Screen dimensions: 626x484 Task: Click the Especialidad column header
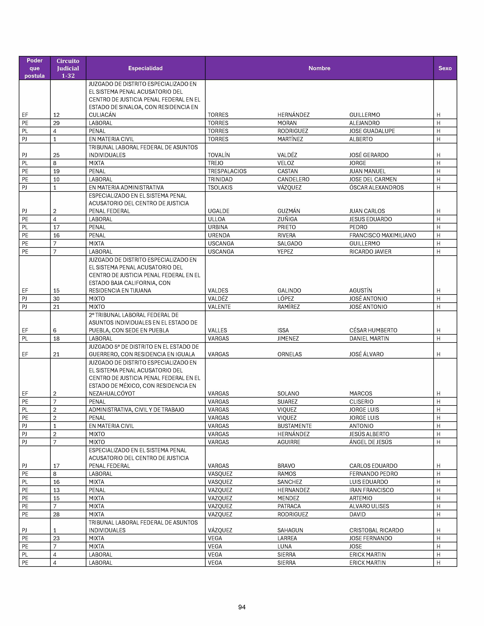145,68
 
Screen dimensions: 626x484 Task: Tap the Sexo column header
445,68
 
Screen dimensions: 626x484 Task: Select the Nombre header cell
319,68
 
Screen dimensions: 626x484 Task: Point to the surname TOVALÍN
219,155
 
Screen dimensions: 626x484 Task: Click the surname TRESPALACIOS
227,171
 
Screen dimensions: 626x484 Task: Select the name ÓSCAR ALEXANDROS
376,187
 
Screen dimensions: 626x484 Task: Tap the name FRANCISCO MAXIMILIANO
382,235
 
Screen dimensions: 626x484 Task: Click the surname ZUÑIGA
287,219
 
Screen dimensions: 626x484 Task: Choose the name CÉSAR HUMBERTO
373,330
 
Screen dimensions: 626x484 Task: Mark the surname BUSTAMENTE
294,426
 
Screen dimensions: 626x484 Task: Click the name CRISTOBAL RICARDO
376,530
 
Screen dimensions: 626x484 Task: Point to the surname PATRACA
289,506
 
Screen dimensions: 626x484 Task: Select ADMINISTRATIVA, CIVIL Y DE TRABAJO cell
136,410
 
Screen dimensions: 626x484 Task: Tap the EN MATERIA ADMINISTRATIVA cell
126,187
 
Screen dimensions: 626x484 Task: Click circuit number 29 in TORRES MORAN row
57,123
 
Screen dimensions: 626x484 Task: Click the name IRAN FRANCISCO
371,490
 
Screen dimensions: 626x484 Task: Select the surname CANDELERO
293,179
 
